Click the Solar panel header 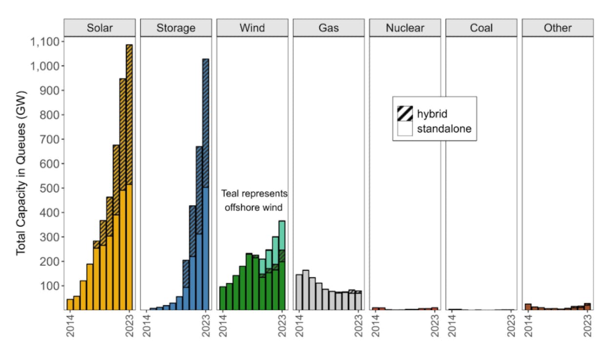(x=100, y=28)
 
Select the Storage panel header (x=176, y=28)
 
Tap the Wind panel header (x=252, y=28)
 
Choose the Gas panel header (x=328, y=28)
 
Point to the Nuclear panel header (x=405, y=28)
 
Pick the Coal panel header (x=481, y=28)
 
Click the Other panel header (x=557, y=28)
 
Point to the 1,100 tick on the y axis (x=45, y=42)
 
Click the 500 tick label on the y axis (x=49, y=188)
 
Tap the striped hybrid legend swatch (x=405, y=113)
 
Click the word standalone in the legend (x=444, y=129)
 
